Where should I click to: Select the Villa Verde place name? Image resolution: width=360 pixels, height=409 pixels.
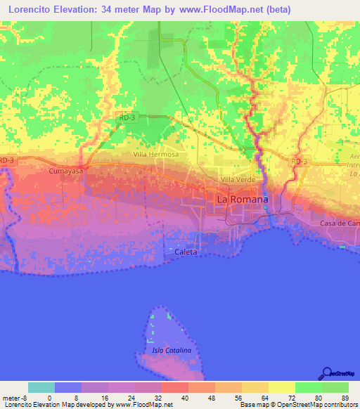pyautogui.click(x=238, y=180)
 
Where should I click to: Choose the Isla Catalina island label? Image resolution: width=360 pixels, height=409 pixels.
pyautogui.click(x=172, y=350)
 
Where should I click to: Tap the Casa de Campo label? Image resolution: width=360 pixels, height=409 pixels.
pyautogui.click(x=340, y=223)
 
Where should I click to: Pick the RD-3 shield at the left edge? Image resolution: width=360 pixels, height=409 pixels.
pyautogui.click(x=6, y=161)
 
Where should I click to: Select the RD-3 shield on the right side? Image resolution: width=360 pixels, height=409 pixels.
pyautogui.click(x=300, y=162)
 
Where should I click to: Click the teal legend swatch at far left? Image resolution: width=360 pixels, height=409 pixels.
pyautogui.click(x=41, y=387)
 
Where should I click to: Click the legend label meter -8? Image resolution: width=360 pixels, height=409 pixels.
pyautogui.click(x=14, y=398)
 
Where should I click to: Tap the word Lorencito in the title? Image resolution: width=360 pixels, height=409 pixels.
pyautogui.click(x=30, y=9)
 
